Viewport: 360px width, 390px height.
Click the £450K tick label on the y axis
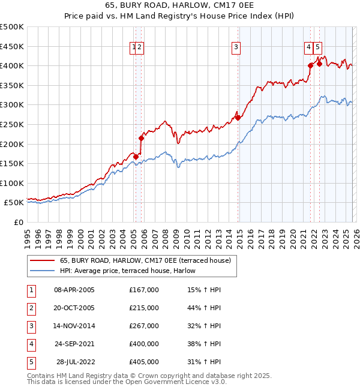12,46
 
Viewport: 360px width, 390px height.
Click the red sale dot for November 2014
238,118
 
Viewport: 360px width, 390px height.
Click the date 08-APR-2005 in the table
74,290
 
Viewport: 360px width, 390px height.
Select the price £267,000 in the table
144,326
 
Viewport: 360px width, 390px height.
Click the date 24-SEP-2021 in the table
74,344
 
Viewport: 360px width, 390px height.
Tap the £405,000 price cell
144,362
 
